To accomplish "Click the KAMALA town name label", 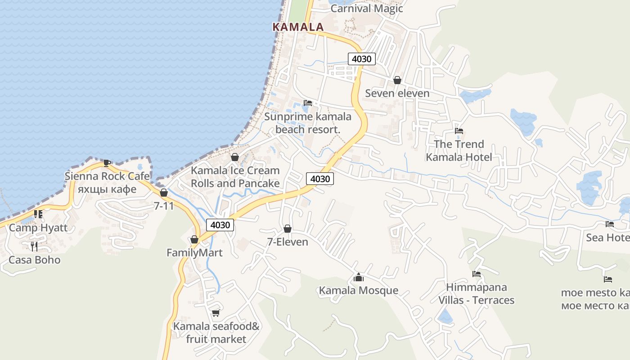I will [298, 27].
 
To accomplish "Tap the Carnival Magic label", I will [367, 9].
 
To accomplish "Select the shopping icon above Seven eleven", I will [397, 80].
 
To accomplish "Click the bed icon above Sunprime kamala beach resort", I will [308, 103].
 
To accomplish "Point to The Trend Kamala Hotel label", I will [459, 151].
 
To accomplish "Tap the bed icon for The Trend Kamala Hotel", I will [459, 131].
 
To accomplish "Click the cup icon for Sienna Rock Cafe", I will [107, 162].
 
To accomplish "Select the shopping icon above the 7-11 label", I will [164, 193].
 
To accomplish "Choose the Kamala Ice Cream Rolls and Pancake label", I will [235, 177].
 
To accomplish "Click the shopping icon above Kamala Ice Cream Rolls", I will [234, 157].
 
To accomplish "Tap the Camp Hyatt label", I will [38, 228].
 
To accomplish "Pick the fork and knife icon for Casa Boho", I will [34, 246].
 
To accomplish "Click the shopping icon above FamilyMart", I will [194, 239].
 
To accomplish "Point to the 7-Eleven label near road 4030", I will [288, 242].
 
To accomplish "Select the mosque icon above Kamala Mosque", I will [359, 277].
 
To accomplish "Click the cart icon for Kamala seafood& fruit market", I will [216, 313].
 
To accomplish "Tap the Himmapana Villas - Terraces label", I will [477, 293].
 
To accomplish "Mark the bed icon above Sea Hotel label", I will [610, 224].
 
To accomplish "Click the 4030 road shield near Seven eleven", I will [361, 58].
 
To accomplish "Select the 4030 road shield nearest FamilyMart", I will [220, 225].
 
